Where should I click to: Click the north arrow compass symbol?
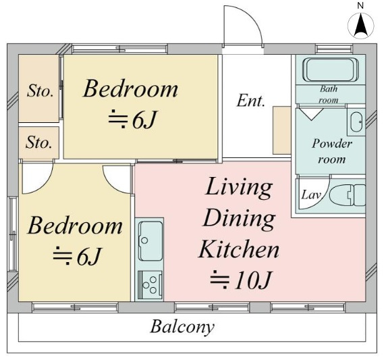click(361, 25)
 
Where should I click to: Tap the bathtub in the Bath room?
click(331, 70)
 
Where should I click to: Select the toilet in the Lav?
click(348, 195)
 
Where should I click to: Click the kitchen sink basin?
click(150, 240)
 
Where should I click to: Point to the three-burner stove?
click(150, 285)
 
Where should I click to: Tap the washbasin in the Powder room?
click(356, 122)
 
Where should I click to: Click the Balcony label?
click(182, 327)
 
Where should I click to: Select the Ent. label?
click(251, 101)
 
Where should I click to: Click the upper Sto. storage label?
click(40, 91)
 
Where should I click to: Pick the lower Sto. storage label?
click(39, 143)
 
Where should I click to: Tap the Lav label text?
click(311, 195)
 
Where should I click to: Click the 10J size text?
click(253, 280)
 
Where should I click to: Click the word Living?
click(239, 188)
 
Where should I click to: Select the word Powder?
click(332, 144)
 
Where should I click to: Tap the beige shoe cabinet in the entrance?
click(281, 130)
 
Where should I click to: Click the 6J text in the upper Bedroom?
click(144, 120)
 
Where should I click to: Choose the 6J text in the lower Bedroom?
click(88, 257)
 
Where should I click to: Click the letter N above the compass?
click(360, 5)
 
